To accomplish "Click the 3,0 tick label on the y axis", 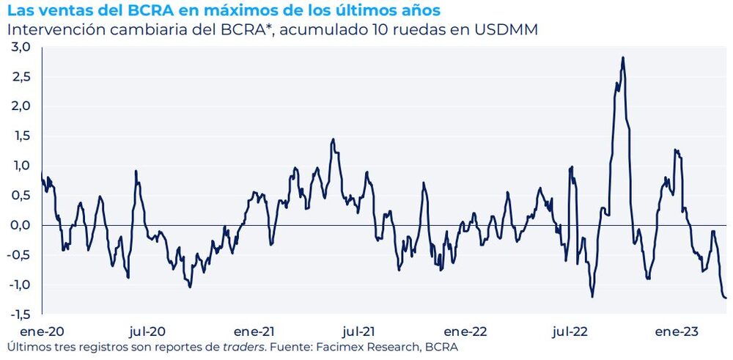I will pyautogui.click(x=19, y=47).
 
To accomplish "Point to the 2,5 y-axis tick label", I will pyautogui.click(x=19, y=77).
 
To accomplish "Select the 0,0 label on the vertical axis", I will pyautogui.click(x=19, y=225).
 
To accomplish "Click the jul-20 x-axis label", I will pyautogui.click(x=147, y=331).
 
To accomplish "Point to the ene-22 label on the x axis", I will pyautogui.click(x=466, y=331).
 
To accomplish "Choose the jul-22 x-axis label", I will pyautogui.click(x=569, y=331).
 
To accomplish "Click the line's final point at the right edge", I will pyautogui.click(x=726, y=298).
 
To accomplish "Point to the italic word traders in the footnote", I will pyautogui.click(x=244, y=346).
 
